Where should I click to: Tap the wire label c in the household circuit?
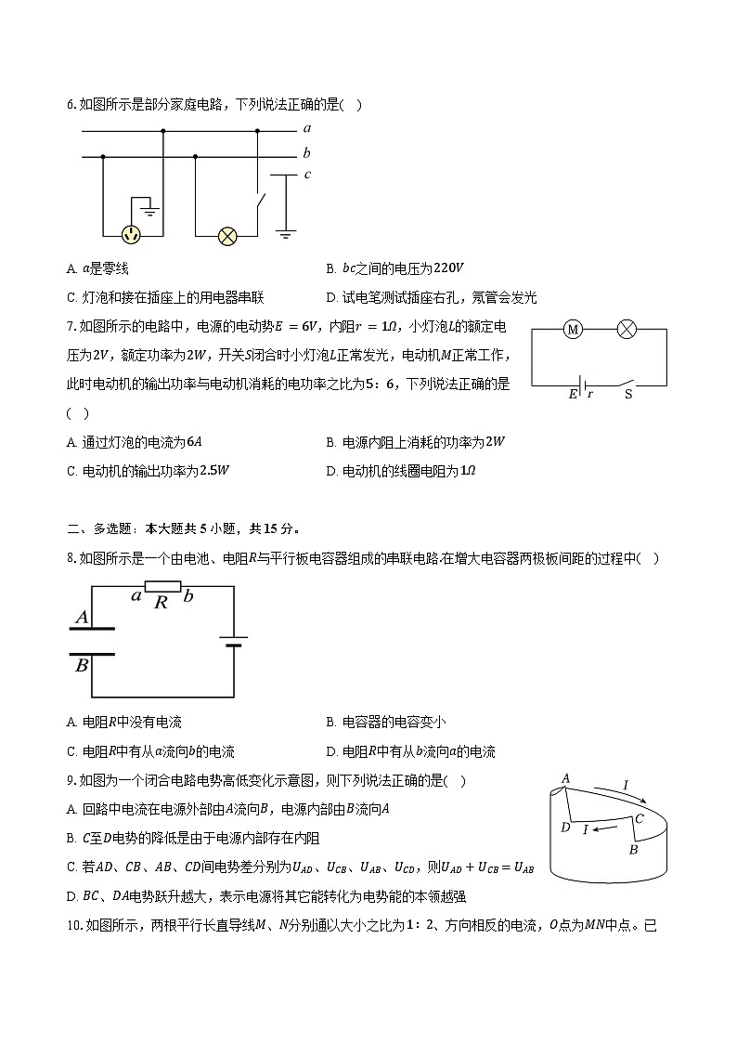coord(307,174)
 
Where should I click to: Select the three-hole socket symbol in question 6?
coord(134,235)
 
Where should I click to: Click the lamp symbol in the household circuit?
coord(227,236)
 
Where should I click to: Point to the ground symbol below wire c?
coord(286,235)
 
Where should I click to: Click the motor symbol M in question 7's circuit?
coord(573,329)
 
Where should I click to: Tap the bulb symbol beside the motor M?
coord(627,329)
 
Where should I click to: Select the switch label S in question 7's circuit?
coord(628,394)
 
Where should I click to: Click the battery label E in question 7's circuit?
coord(573,395)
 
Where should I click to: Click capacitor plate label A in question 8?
coord(82,617)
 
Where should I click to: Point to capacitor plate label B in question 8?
coord(82,665)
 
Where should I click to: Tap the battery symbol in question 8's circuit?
coord(232,642)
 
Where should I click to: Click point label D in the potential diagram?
coord(565,827)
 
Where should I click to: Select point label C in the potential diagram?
coord(639,818)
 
